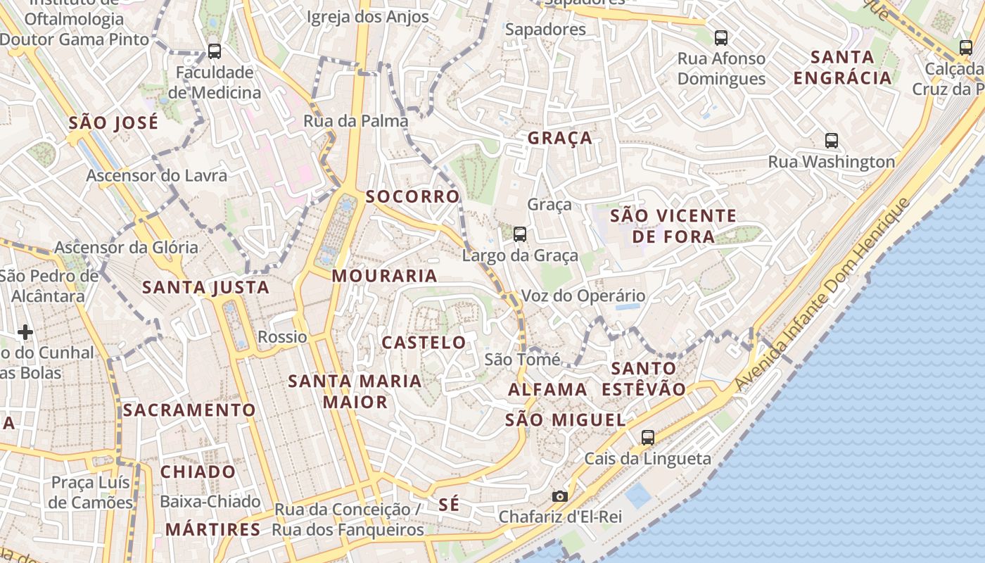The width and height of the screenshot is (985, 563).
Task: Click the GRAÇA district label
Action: click(560, 138)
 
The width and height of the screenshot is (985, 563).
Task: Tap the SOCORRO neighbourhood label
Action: click(412, 196)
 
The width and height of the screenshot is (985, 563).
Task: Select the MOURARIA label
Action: click(385, 276)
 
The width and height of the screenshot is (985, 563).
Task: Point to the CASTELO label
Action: click(424, 343)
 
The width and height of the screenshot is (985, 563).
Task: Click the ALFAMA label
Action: click(547, 389)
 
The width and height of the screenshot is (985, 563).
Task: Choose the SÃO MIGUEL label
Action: click(565, 420)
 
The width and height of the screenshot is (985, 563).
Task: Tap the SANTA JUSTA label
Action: click(205, 287)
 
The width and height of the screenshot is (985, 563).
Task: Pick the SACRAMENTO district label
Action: click(189, 410)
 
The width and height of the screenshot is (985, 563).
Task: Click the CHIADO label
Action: click(198, 472)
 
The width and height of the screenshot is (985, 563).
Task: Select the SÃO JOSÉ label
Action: click(113, 123)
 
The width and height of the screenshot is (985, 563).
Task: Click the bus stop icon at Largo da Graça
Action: click(519, 234)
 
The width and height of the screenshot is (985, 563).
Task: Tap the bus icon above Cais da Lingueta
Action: click(648, 437)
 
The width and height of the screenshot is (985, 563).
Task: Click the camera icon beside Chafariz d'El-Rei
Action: click(560, 496)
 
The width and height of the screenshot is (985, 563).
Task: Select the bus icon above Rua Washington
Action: click(832, 140)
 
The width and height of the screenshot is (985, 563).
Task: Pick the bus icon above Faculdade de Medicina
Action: click(215, 51)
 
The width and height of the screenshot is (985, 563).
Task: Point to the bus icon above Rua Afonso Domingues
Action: click(721, 37)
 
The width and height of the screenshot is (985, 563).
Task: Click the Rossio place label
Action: click(282, 337)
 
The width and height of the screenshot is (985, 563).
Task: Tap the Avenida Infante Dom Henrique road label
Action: click(823, 296)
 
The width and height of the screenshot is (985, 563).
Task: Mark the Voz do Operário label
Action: click(583, 296)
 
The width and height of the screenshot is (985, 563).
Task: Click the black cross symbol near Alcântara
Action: click(25, 331)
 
